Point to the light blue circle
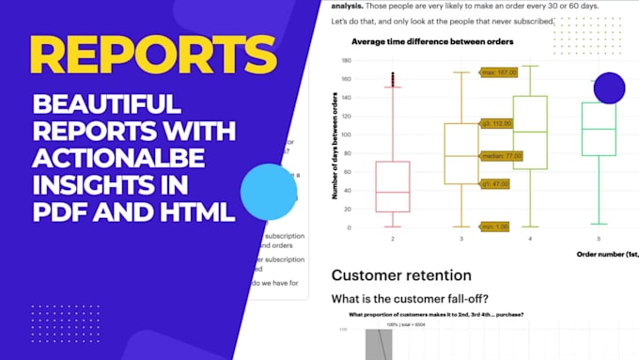[x=269, y=192]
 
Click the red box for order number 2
[x=393, y=186]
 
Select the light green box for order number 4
[x=530, y=132]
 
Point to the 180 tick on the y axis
[x=345, y=60]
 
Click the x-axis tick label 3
[x=461, y=239]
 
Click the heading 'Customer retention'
[x=401, y=275]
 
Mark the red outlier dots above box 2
[x=393, y=80]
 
